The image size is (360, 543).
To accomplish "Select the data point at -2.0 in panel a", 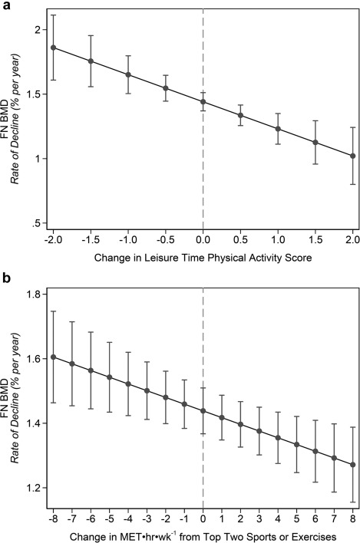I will (x=53, y=48).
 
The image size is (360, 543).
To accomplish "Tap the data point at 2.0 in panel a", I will (x=352, y=156).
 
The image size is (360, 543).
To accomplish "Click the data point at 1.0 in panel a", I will (x=278, y=129).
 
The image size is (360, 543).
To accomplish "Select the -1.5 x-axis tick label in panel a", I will (x=91, y=240).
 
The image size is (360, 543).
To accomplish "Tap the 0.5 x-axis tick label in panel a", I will (x=240, y=240).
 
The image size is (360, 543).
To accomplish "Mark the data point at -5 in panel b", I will (x=109, y=377).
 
